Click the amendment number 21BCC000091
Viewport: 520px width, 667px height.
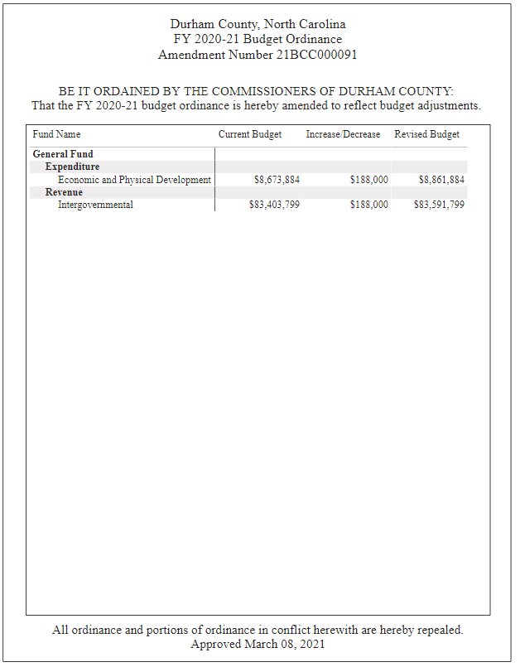click(x=311, y=55)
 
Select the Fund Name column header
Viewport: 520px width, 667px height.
click(x=56, y=134)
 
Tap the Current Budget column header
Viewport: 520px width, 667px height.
click(x=250, y=134)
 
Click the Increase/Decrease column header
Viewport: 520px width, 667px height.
click(x=343, y=134)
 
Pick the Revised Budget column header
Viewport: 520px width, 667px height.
click(x=426, y=134)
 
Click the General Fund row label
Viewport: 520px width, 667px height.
click(x=63, y=154)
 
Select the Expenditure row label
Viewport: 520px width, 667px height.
click(x=72, y=167)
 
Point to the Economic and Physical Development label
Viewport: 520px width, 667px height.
click(x=134, y=180)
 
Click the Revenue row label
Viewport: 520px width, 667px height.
click(x=64, y=192)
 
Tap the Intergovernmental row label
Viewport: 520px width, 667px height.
click(x=95, y=205)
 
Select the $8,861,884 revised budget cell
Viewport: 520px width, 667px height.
click(x=441, y=180)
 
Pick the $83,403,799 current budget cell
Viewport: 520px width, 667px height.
click(x=274, y=205)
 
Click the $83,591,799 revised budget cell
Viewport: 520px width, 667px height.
click(x=439, y=205)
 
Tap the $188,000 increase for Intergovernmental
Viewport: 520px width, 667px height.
click(x=368, y=205)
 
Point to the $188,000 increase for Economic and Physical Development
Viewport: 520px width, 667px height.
click(x=368, y=180)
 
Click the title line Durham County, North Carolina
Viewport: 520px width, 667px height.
click(x=258, y=24)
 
